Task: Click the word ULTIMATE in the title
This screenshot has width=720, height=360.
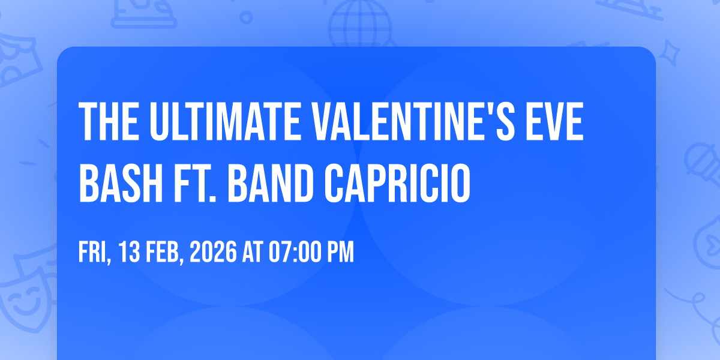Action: coord(225,121)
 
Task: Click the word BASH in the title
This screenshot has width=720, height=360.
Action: coord(121,183)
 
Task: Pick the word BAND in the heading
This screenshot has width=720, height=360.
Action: coord(271,183)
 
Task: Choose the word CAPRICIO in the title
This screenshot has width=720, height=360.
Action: coord(398,183)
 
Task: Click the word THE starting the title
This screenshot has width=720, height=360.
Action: coord(109,121)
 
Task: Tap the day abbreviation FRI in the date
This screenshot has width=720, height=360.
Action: coord(94,253)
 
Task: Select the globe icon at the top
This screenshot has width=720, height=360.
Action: coord(361,23)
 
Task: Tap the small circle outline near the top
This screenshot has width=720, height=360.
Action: coord(246,17)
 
